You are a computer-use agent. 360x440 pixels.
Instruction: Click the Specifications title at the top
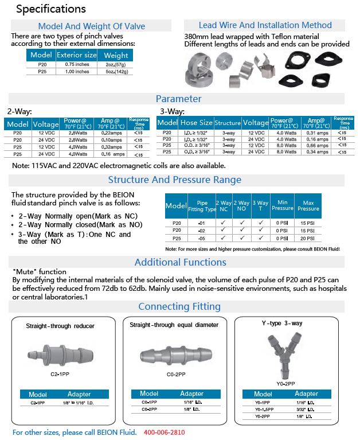pos(51,9)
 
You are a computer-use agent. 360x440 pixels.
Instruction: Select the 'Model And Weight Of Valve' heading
pos(92,26)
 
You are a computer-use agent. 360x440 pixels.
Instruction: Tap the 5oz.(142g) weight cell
pos(116,72)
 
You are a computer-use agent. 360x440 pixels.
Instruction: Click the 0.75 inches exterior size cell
pos(76,65)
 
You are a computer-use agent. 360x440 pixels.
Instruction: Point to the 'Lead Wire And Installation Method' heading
pos(265,25)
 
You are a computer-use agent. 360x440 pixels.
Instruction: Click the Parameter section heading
pos(179,99)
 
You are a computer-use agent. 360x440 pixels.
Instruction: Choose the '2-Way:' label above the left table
pos(19,111)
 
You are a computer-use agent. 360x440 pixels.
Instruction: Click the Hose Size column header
pos(197,123)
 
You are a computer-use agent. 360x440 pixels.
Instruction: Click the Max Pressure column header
pos(307,205)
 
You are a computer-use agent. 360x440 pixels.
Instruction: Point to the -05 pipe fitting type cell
pos(201,237)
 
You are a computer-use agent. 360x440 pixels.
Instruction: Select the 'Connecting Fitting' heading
pos(179,306)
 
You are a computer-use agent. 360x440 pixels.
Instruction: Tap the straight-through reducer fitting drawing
pos(60,353)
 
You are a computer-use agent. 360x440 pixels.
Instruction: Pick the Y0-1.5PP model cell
pos(263,409)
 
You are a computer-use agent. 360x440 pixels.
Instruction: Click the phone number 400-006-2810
pos(165,432)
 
